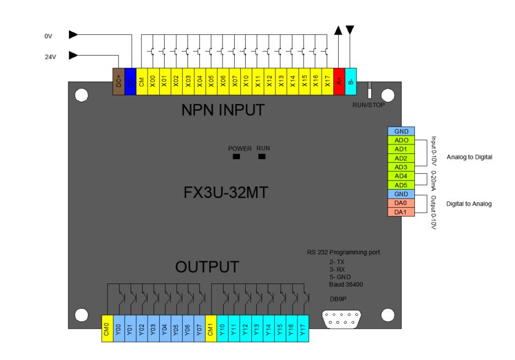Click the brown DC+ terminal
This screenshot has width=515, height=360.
point(118,82)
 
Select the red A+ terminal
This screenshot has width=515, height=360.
point(339,82)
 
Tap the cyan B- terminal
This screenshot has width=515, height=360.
point(351,82)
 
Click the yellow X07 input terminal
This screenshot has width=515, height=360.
point(235,82)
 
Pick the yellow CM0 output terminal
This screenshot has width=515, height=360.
point(107,329)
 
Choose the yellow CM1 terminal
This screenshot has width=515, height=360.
point(211,329)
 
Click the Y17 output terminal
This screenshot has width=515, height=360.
point(302,329)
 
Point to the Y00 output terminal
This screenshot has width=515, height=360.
point(118,329)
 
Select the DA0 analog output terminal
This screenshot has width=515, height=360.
point(401,203)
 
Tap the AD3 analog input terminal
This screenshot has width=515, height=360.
point(401,167)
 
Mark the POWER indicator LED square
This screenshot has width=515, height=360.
point(236,157)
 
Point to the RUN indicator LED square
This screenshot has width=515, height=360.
point(262,157)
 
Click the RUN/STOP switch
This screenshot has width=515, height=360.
point(370,89)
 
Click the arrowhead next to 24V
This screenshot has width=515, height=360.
point(73,55)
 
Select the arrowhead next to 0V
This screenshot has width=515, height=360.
point(73,35)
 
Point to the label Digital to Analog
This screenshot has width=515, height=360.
point(469,203)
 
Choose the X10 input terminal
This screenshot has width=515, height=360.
point(246,82)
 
